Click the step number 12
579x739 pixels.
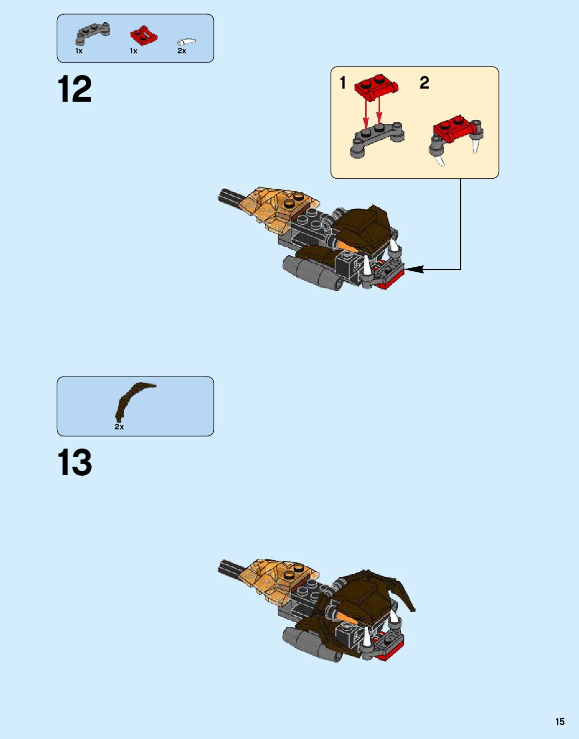(x=75, y=89)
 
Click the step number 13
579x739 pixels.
(x=75, y=462)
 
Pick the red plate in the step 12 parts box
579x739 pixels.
(x=144, y=35)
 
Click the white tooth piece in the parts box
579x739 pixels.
(x=187, y=42)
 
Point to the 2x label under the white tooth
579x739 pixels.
(x=182, y=51)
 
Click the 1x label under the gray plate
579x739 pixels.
(x=79, y=51)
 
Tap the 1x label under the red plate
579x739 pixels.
(x=133, y=51)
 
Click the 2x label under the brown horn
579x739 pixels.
(x=119, y=427)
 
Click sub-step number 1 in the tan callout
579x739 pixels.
(x=343, y=83)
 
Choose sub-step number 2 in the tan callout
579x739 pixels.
(x=425, y=83)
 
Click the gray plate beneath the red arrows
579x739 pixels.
(x=377, y=140)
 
